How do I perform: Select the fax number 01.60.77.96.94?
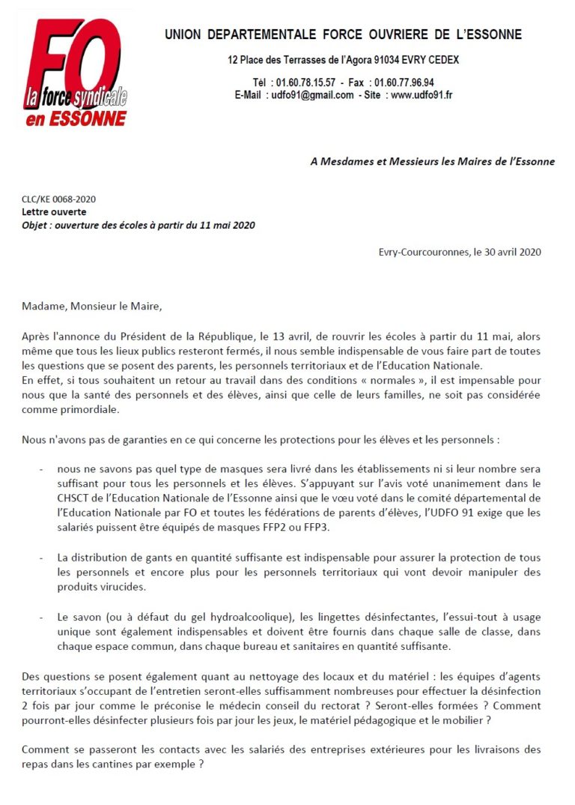(x=404, y=82)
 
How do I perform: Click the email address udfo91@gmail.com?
(x=313, y=95)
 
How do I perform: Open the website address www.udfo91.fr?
(x=422, y=95)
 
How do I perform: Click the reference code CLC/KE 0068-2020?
(x=59, y=199)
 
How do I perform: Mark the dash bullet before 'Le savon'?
(x=40, y=618)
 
